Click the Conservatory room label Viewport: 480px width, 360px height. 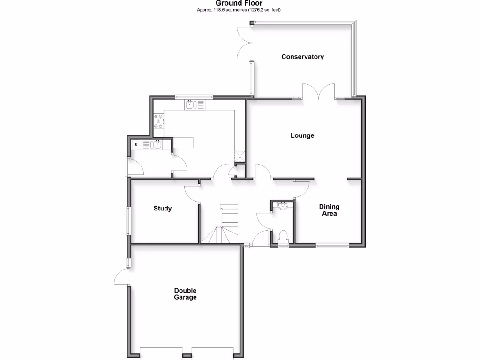tap(302, 57)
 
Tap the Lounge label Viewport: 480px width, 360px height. tap(302, 136)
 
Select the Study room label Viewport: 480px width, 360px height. tap(163, 209)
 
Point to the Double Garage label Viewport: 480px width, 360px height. tap(185, 294)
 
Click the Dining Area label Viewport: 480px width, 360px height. tap(329, 210)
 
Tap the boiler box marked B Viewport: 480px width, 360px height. tap(136, 145)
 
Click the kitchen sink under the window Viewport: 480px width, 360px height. tap(191, 105)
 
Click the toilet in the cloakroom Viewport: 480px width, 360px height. tap(283, 236)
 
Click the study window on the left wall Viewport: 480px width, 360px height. tap(127, 221)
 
